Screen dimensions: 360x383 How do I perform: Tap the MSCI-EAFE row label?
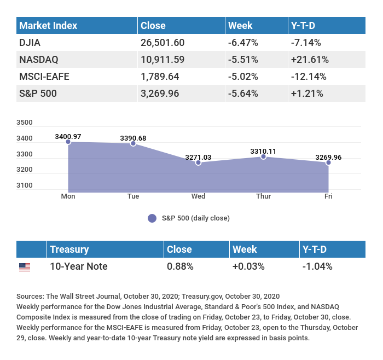tap(44, 76)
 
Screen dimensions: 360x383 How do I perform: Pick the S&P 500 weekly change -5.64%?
tap(243, 93)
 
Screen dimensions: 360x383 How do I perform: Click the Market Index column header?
tap(48, 26)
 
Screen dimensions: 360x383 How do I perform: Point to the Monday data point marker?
tap(68, 142)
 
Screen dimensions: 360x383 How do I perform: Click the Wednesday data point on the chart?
tap(198, 162)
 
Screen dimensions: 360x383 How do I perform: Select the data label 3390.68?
tap(133, 138)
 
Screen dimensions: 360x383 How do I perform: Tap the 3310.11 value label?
tap(263, 151)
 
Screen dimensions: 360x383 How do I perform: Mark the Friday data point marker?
tap(328, 162)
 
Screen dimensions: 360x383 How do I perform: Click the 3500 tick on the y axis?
tap(25, 123)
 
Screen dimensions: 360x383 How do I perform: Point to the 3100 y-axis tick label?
tap(25, 185)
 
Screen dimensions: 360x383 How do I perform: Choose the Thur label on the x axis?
tap(263, 196)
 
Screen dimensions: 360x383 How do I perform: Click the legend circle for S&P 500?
tap(152, 218)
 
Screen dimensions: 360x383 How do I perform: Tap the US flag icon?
tap(25, 268)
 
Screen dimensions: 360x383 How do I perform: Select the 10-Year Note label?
tap(78, 266)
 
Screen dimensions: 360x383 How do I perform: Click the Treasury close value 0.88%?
tap(180, 266)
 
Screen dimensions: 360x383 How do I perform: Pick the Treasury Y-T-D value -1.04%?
tap(317, 266)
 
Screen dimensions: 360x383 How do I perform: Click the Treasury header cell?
tap(69, 249)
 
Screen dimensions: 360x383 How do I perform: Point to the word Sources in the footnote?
tap(30, 296)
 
